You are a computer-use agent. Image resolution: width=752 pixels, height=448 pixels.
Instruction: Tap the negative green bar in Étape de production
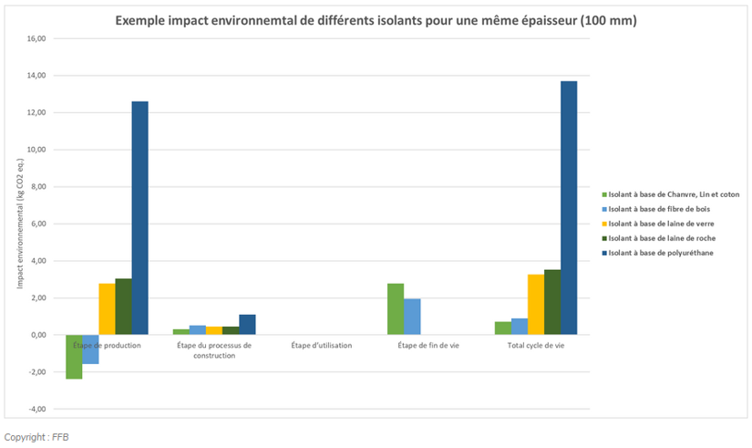[x=74, y=357]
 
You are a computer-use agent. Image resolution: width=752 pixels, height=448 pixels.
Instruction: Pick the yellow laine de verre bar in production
[x=107, y=309]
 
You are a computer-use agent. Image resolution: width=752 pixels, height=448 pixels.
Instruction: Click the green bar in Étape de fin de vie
[x=396, y=309]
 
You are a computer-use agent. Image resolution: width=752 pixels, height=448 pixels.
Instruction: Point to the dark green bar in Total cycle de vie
[x=552, y=302]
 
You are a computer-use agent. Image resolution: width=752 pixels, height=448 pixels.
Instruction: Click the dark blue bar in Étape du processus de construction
[x=247, y=325]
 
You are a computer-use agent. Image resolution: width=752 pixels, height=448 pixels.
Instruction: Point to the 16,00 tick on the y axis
[x=36, y=39]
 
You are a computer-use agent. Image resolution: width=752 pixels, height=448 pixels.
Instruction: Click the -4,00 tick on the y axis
[x=36, y=409]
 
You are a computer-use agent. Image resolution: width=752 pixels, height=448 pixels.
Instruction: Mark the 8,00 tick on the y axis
[x=37, y=187]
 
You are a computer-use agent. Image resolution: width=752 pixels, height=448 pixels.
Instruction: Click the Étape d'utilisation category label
[x=322, y=346]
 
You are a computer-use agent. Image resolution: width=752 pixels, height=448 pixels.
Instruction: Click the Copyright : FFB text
[x=36, y=437]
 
